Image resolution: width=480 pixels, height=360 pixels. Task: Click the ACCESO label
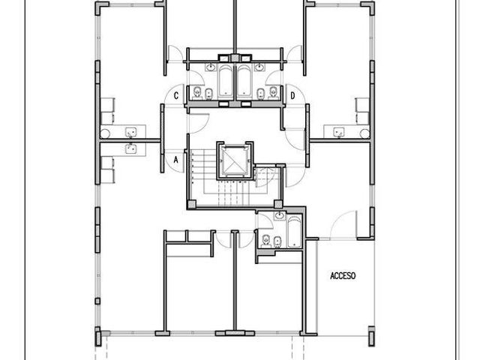tap(343, 276)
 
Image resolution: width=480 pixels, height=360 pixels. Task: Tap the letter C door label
tap(176, 96)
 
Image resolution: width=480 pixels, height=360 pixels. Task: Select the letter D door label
tap(292, 96)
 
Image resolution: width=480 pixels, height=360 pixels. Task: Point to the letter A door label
tap(175, 160)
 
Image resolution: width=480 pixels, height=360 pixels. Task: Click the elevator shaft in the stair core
tap(235, 160)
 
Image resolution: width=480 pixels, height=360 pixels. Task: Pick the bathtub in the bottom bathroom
tap(294, 232)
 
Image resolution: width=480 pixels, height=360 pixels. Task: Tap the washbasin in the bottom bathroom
tap(280, 216)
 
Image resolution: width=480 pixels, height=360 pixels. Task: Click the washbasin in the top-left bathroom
tap(211, 67)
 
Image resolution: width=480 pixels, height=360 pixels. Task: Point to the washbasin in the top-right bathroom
tap(259, 67)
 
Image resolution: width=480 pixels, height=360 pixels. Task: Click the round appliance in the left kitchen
tap(105, 133)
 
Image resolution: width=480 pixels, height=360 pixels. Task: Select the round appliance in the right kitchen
tap(364, 133)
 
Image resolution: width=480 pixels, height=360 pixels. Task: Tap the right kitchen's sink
tap(338, 133)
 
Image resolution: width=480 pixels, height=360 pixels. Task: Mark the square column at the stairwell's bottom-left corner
tap(192, 204)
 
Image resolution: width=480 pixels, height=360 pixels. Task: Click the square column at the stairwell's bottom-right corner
tap(278, 204)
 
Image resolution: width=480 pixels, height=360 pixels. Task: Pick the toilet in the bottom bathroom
tap(265, 241)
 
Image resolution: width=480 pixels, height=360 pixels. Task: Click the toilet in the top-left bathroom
tap(197, 92)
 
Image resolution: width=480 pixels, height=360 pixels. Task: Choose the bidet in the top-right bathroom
tap(261, 94)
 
